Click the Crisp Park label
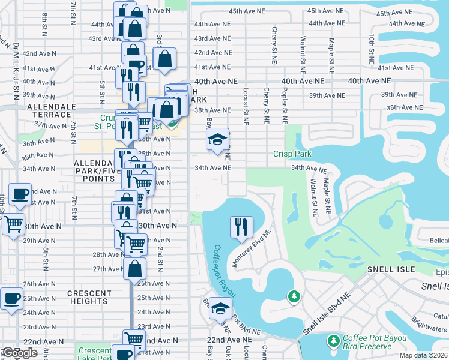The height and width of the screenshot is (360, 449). (292, 154)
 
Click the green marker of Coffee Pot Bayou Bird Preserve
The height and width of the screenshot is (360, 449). (334, 341)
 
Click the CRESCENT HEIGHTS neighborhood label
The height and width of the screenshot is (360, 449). (89, 298)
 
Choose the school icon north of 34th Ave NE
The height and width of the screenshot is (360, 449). (217, 140)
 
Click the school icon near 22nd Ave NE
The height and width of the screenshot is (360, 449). (220, 309)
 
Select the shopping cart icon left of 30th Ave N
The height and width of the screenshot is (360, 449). (13, 224)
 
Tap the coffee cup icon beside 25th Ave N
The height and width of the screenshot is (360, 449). (11, 298)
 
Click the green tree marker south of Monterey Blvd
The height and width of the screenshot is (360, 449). (294, 296)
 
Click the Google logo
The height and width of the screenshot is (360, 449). (20, 353)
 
